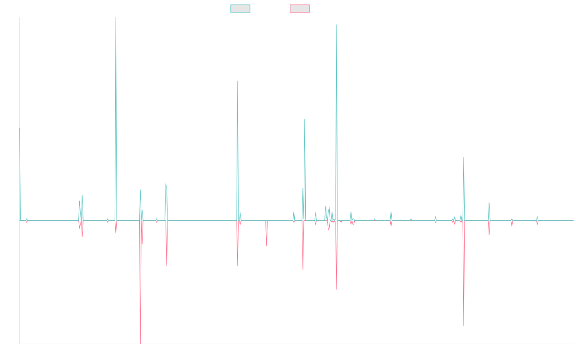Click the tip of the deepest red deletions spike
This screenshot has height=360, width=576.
point(140,343)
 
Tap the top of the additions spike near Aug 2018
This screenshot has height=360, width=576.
point(238,81)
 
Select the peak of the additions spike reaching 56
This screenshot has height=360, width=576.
point(305,119)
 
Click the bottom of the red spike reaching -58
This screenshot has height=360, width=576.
point(464,325)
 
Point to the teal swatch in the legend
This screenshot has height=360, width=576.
point(240,9)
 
